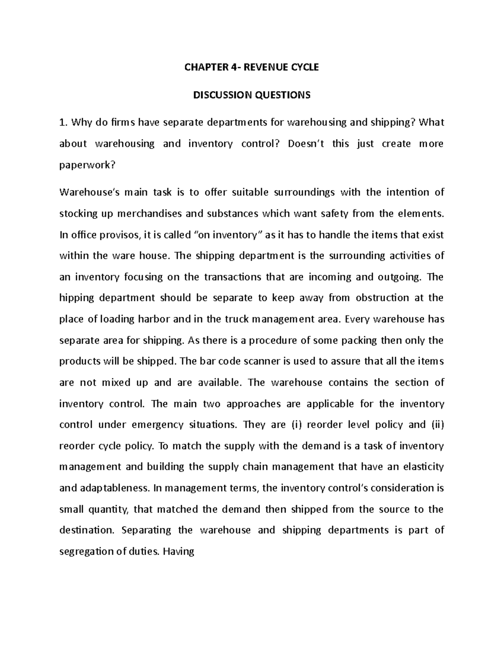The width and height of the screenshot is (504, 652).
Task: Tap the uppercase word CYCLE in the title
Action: [302, 67]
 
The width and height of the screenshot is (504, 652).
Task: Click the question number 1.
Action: [63, 123]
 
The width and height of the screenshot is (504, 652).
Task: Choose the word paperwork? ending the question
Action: [87, 165]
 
